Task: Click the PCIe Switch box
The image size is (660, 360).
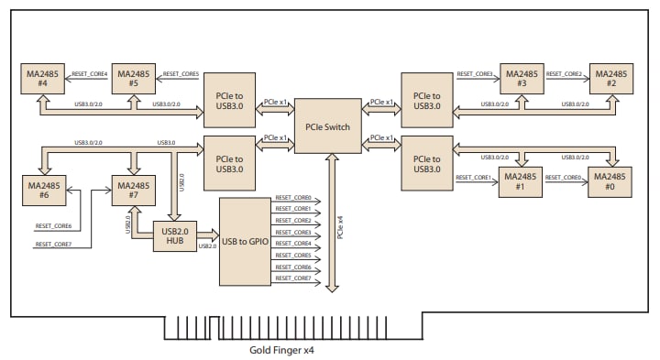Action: pos(328,125)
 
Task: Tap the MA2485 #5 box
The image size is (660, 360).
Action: pos(134,79)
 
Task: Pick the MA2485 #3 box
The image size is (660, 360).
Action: pos(522,79)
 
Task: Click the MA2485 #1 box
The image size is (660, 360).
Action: pos(522,182)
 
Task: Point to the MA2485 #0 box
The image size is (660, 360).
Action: pos(610,177)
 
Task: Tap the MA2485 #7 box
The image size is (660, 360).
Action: pos(134,191)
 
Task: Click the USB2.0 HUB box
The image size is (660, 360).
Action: pos(175,237)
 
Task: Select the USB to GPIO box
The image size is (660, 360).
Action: pos(246,241)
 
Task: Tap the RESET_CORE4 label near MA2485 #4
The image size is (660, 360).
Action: pos(89,74)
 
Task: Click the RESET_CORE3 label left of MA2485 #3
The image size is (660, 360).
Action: pos(475,74)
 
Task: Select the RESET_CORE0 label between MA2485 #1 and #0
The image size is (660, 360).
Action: pos(566,177)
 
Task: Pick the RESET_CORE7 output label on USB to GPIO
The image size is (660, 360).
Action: pos(293,278)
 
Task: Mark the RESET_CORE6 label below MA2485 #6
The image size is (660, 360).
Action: pos(53,225)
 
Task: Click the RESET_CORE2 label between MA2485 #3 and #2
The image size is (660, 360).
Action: pos(566,74)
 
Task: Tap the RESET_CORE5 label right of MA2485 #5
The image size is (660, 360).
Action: pos(180,74)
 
